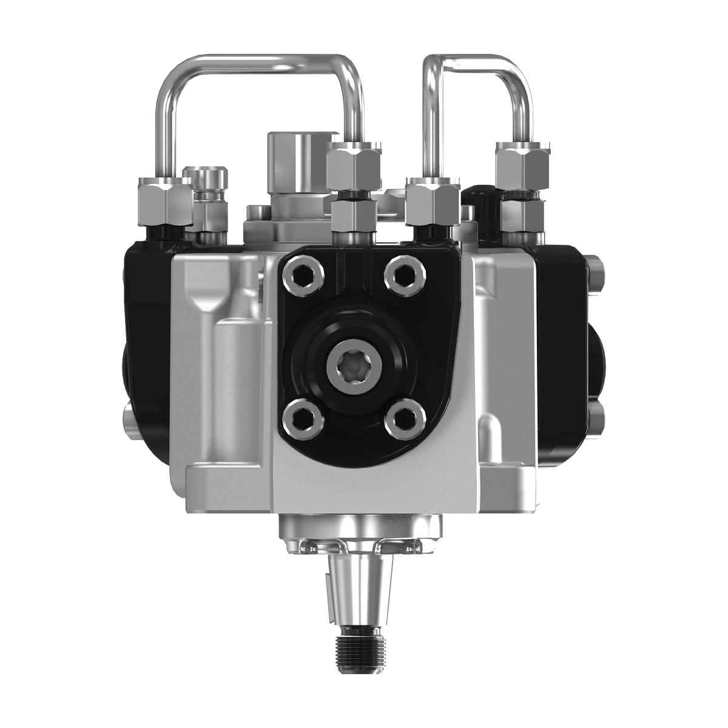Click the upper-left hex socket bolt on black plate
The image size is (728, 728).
(302, 275)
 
